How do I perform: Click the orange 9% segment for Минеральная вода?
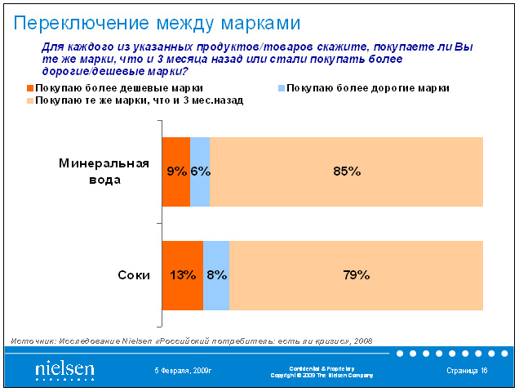176,171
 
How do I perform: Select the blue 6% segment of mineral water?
200,171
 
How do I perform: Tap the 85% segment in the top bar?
347,171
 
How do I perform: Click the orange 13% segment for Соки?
183,275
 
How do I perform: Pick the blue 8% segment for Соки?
216,275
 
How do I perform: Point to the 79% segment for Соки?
357,275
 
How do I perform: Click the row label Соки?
133,275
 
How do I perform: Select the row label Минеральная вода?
104,171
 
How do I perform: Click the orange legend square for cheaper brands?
30,87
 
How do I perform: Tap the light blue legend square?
282,87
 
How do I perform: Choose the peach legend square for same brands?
30,100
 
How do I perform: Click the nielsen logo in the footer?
64,370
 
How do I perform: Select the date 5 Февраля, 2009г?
183,371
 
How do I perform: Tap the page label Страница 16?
467,371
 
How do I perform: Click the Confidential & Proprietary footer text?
322,368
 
